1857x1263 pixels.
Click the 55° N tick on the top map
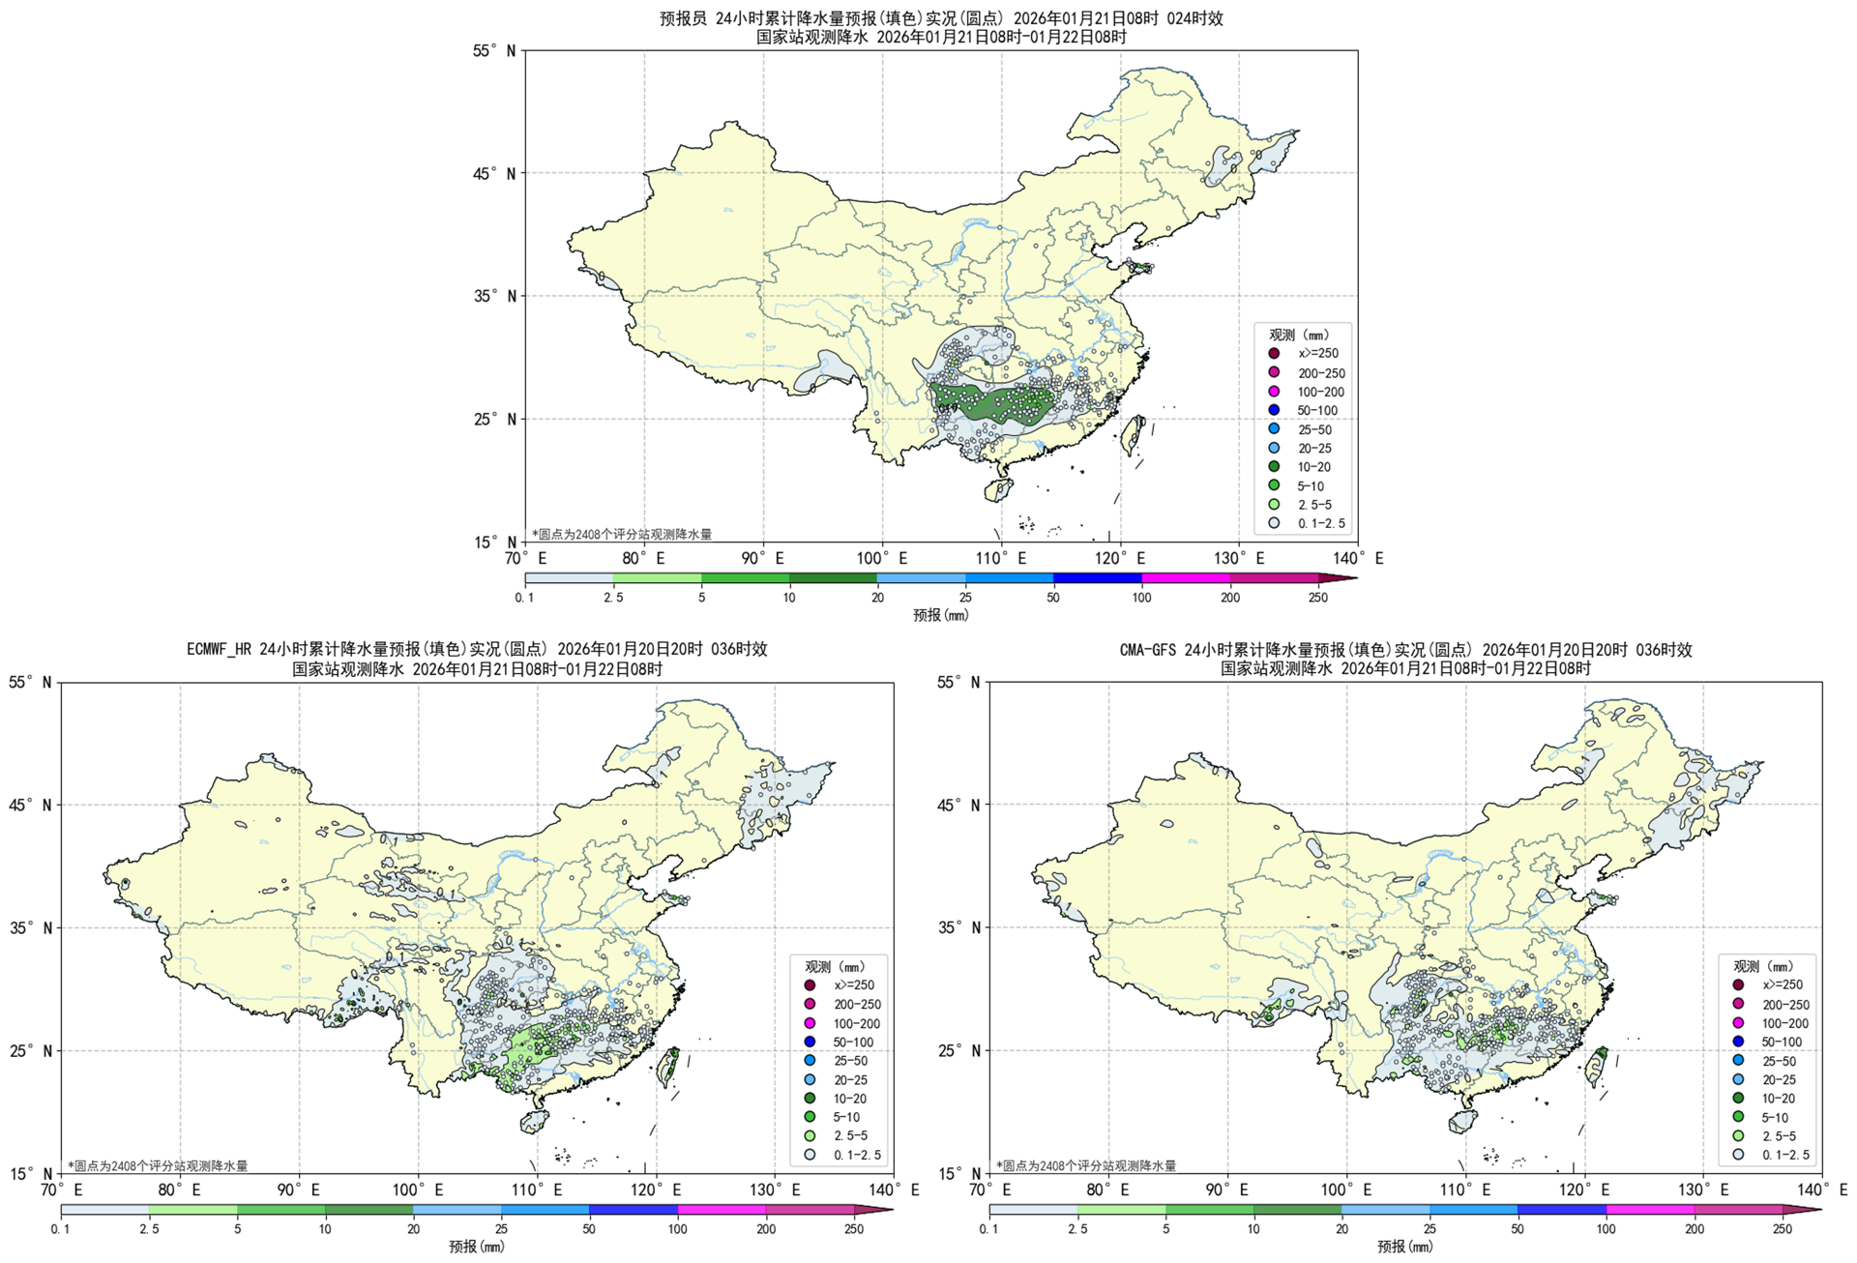pyautogui.click(x=494, y=50)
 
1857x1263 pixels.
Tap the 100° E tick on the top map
pyautogui.click(x=882, y=558)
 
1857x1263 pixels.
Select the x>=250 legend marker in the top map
pyautogui.click(x=1274, y=354)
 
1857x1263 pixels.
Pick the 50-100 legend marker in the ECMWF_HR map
pyautogui.click(x=810, y=1043)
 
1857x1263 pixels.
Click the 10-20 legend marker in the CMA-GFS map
pyautogui.click(x=1738, y=1099)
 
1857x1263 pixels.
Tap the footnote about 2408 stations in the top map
pyautogui.click(x=622, y=534)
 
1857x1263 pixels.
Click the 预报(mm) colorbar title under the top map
pyautogui.click(x=940, y=615)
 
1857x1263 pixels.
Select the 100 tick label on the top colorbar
pyautogui.click(x=1141, y=598)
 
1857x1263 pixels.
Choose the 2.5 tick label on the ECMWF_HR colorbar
pyautogui.click(x=149, y=1229)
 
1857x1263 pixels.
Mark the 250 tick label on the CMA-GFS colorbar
pyautogui.click(x=1782, y=1229)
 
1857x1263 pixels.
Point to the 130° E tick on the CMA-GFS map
pyautogui.click(x=1703, y=1190)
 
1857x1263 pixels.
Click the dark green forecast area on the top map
pyautogui.click(x=987, y=400)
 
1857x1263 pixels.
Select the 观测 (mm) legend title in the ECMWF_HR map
pyautogui.click(x=835, y=966)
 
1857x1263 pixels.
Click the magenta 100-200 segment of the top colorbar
pyautogui.click(x=1186, y=578)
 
